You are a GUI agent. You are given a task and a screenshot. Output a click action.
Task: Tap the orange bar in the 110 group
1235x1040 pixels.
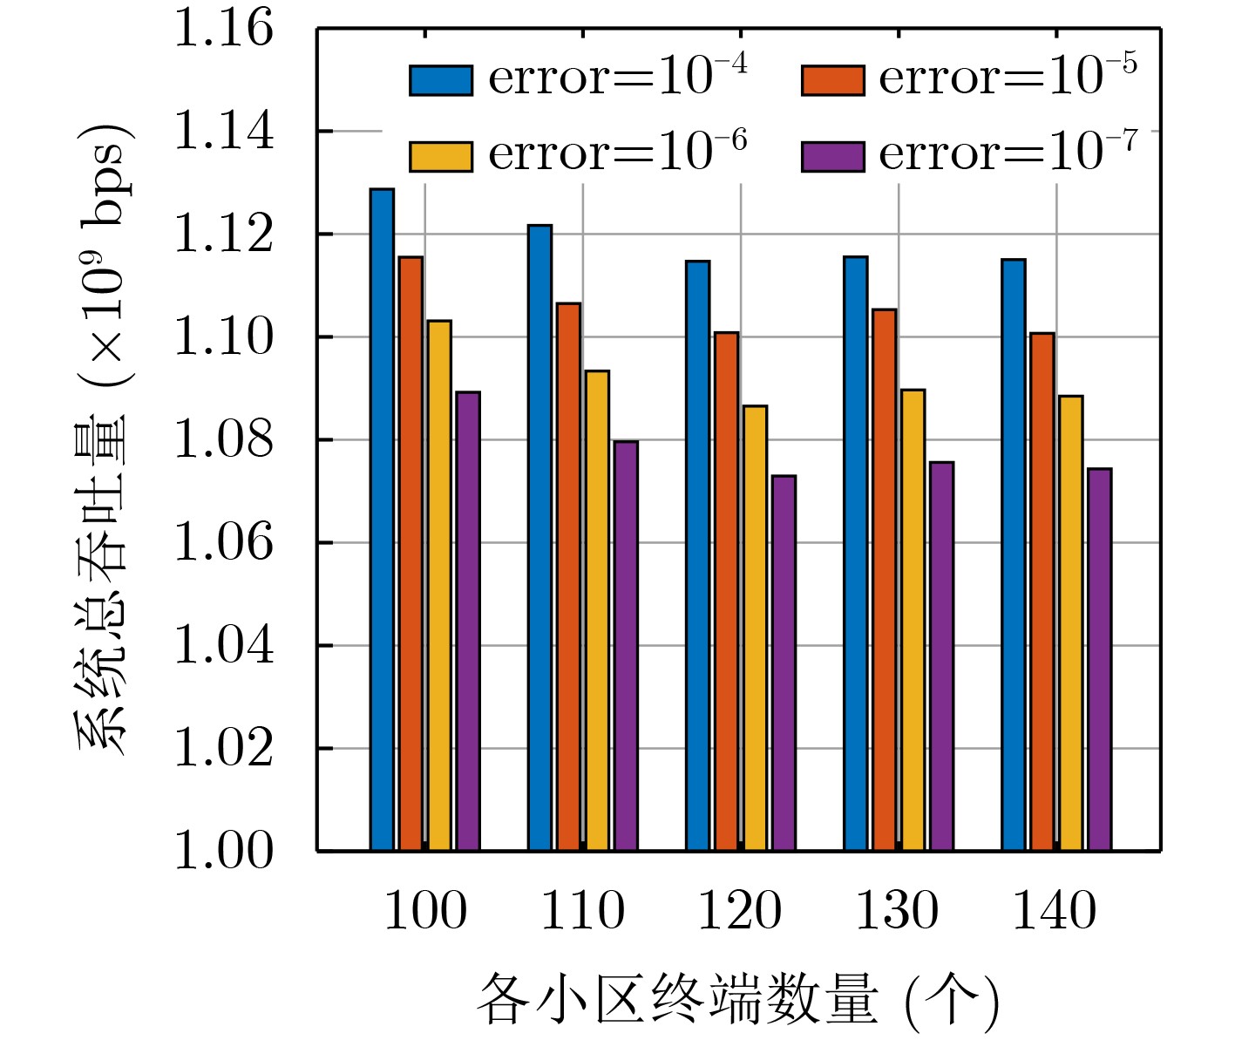568,576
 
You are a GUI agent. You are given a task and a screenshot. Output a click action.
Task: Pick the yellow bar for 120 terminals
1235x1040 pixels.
755,628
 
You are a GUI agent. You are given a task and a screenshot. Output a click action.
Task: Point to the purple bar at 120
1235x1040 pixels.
784,663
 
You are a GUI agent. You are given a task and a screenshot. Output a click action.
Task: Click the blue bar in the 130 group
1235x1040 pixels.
855,554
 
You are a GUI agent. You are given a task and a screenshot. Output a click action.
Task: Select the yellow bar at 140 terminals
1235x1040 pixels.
1070,623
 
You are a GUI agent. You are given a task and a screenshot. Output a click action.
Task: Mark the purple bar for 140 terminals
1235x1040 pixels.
1099,659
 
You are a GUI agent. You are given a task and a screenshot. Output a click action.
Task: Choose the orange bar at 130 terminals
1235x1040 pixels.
884,580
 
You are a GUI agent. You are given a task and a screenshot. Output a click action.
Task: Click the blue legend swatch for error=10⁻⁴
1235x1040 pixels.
441,80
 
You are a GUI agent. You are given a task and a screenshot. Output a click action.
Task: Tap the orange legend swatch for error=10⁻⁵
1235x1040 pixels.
832,80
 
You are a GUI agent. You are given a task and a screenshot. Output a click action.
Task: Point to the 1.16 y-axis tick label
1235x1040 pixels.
224,28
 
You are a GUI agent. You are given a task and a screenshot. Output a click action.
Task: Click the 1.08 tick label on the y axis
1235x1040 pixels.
224,440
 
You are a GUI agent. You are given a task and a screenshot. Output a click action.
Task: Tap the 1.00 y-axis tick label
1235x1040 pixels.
224,851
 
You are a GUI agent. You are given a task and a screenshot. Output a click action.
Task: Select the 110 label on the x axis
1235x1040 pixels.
582,912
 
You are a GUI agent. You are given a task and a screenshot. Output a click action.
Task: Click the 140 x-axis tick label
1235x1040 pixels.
1055,912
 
